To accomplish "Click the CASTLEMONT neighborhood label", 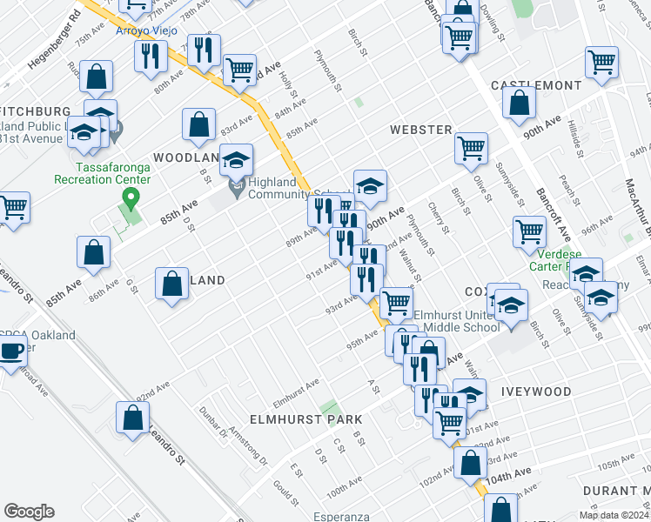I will pyautogui.click(x=535, y=85).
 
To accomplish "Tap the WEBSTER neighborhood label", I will pyautogui.click(x=420, y=130).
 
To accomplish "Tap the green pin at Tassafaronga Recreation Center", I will pyautogui.click(x=131, y=199).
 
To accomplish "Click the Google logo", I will pyautogui.click(x=29, y=511).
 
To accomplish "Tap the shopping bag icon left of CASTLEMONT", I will pyautogui.click(x=519, y=103).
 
